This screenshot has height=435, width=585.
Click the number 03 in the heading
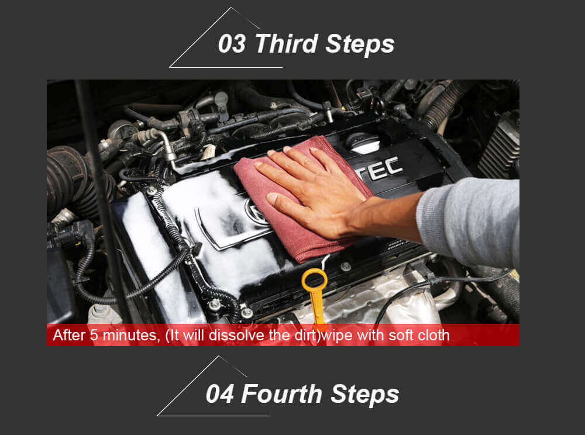[x=232, y=44]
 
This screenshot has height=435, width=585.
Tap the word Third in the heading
[x=287, y=44]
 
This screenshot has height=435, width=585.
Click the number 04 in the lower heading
[x=220, y=394]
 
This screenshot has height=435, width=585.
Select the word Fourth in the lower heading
[x=282, y=393]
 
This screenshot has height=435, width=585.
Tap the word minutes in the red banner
[x=129, y=335]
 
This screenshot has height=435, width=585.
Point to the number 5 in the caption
[x=94, y=335]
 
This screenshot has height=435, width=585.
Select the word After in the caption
[x=70, y=335]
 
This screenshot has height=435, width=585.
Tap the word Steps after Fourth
[x=365, y=395]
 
